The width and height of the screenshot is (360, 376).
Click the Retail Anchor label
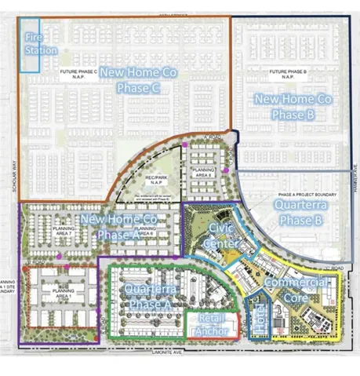213,325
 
